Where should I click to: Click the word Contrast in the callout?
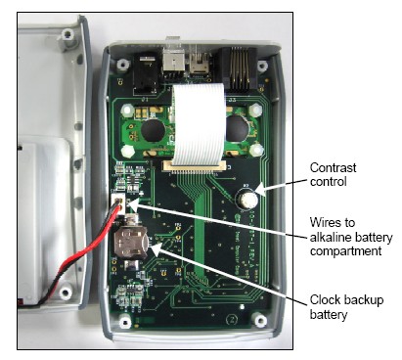coord(333,167)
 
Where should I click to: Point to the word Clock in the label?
coord(325,300)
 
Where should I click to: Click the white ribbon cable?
coord(199,123)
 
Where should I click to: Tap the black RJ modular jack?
coord(238,68)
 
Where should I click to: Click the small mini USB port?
coord(199,63)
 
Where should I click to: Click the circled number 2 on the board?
coord(232,319)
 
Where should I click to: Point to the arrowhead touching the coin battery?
coord(156,248)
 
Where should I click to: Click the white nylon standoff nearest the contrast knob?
coord(256,151)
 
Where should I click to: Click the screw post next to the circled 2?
coord(259,320)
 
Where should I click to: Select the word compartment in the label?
coord(346,251)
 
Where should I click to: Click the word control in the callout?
coord(328,182)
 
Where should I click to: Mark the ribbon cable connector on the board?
coord(194,167)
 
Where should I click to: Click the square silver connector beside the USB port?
coord(173,62)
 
